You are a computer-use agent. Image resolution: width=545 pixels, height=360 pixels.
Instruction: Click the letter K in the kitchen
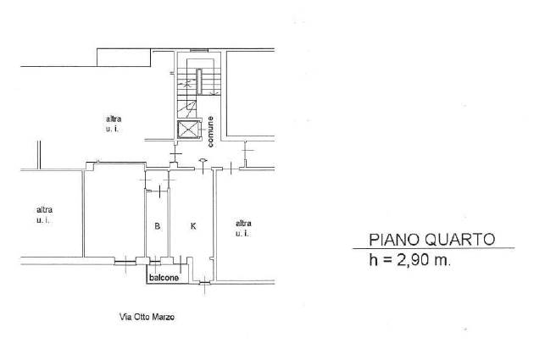point(193,226)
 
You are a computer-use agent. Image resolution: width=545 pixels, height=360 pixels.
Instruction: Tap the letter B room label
point(157,226)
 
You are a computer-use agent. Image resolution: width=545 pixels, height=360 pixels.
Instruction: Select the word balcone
point(164,277)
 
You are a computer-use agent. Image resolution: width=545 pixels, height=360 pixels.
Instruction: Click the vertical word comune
point(210,131)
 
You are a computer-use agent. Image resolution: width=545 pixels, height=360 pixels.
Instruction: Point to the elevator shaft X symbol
point(189,130)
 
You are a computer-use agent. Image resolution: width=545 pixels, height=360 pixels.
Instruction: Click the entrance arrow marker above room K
point(203,161)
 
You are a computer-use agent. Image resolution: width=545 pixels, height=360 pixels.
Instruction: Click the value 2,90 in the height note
point(413,259)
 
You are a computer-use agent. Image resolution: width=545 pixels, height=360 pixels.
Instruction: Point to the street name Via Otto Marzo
point(147,317)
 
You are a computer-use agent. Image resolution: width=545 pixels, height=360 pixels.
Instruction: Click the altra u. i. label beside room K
point(243,229)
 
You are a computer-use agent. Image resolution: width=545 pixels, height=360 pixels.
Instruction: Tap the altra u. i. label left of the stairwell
point(114,124)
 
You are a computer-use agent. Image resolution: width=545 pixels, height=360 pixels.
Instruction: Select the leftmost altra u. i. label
point(44,215)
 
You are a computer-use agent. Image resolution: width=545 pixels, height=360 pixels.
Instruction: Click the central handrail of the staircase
point(199,81)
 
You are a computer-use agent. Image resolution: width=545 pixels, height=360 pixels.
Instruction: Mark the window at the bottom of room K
point(205,284)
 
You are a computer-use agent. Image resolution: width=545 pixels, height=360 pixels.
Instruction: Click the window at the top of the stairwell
point(199,50)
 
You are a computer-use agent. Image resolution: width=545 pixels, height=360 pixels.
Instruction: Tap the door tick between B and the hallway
point(159,191)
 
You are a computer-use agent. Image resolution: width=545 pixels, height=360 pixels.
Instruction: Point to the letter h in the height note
point(373,259)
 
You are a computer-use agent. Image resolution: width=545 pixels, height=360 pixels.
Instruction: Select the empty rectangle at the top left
point(124,58)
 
